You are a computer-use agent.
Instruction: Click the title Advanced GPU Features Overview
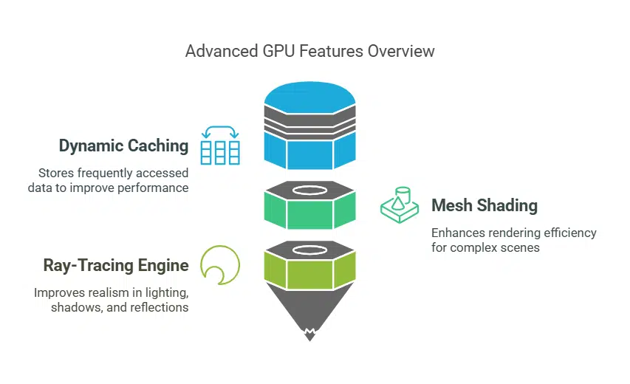pyautogui.click(x=309, y=51)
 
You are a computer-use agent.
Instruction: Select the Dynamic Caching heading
pyautogui.click(x=123, y=145)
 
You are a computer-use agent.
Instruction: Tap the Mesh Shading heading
pyautogui.click(x=485, y=205)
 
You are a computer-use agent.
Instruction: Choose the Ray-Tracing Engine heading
pyautogui.click(x=116, y=265)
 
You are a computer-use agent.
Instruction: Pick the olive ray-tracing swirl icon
pyautogui.click(x=219, y=264)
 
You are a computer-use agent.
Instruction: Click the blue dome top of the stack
pyautogui.click(x=309, y=95)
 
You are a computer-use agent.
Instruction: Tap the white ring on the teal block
pyautogui.click(x=309, y=190)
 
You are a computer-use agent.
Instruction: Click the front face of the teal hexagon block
pyautogui.click(x=309, y=214)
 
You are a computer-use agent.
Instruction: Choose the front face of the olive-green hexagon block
pyautogui.click(x=309, y=274)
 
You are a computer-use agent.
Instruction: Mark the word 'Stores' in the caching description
pyautogui.click(x=56, y=173)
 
